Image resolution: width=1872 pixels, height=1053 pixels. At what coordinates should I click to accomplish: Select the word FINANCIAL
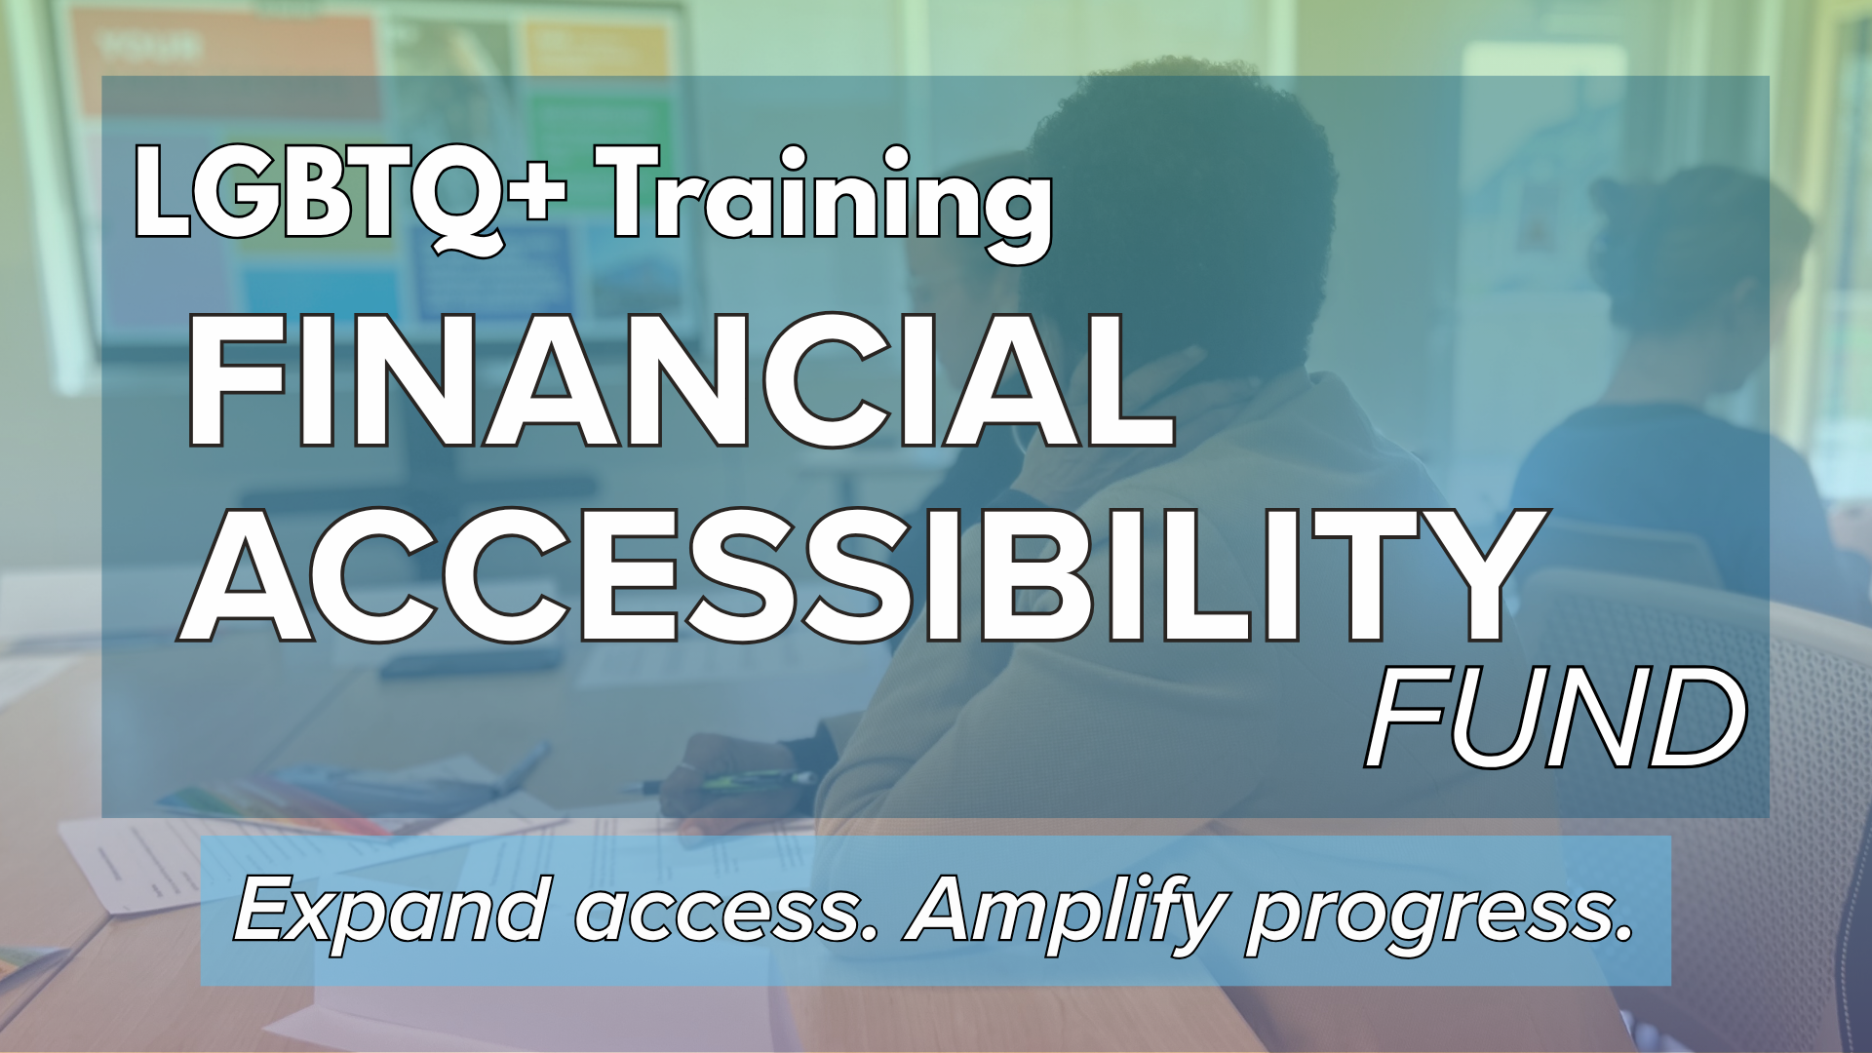click(681, 381)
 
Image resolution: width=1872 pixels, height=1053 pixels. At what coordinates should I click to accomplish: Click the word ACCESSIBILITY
click(861, 576)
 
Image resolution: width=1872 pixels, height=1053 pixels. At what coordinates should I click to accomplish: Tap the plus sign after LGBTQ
click(536, 192)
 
